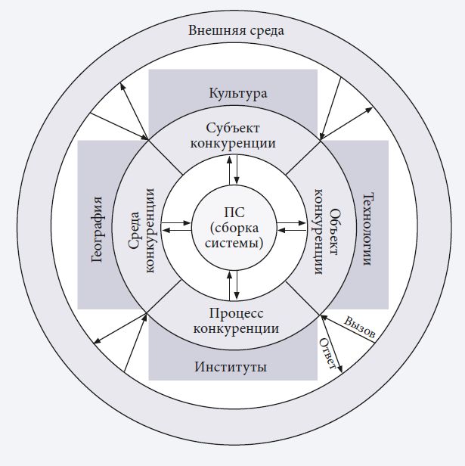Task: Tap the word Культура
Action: point(238,94)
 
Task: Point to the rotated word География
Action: point(97,226)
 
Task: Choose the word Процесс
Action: point(236,314)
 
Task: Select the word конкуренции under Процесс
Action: point(236,329)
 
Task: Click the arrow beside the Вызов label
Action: point(349,328)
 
